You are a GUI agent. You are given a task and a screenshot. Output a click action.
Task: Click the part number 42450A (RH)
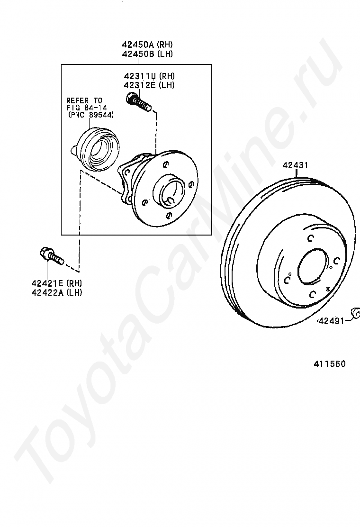coord(147,45)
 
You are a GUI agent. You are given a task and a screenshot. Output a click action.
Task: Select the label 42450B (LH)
coord(147,54)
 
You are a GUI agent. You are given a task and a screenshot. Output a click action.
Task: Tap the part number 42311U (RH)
coord(149,76)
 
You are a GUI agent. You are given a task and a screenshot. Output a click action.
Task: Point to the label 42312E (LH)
coord(149,85)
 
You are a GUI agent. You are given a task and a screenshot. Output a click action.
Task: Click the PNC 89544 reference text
coord(90,115)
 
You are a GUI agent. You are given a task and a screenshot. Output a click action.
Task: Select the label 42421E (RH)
coord(57,283)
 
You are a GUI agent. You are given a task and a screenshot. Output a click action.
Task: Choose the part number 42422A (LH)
coord(57,292)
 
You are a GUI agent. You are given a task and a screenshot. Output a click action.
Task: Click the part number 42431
coord(295,165)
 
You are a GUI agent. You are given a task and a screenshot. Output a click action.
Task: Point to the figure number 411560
coord(329,363)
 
